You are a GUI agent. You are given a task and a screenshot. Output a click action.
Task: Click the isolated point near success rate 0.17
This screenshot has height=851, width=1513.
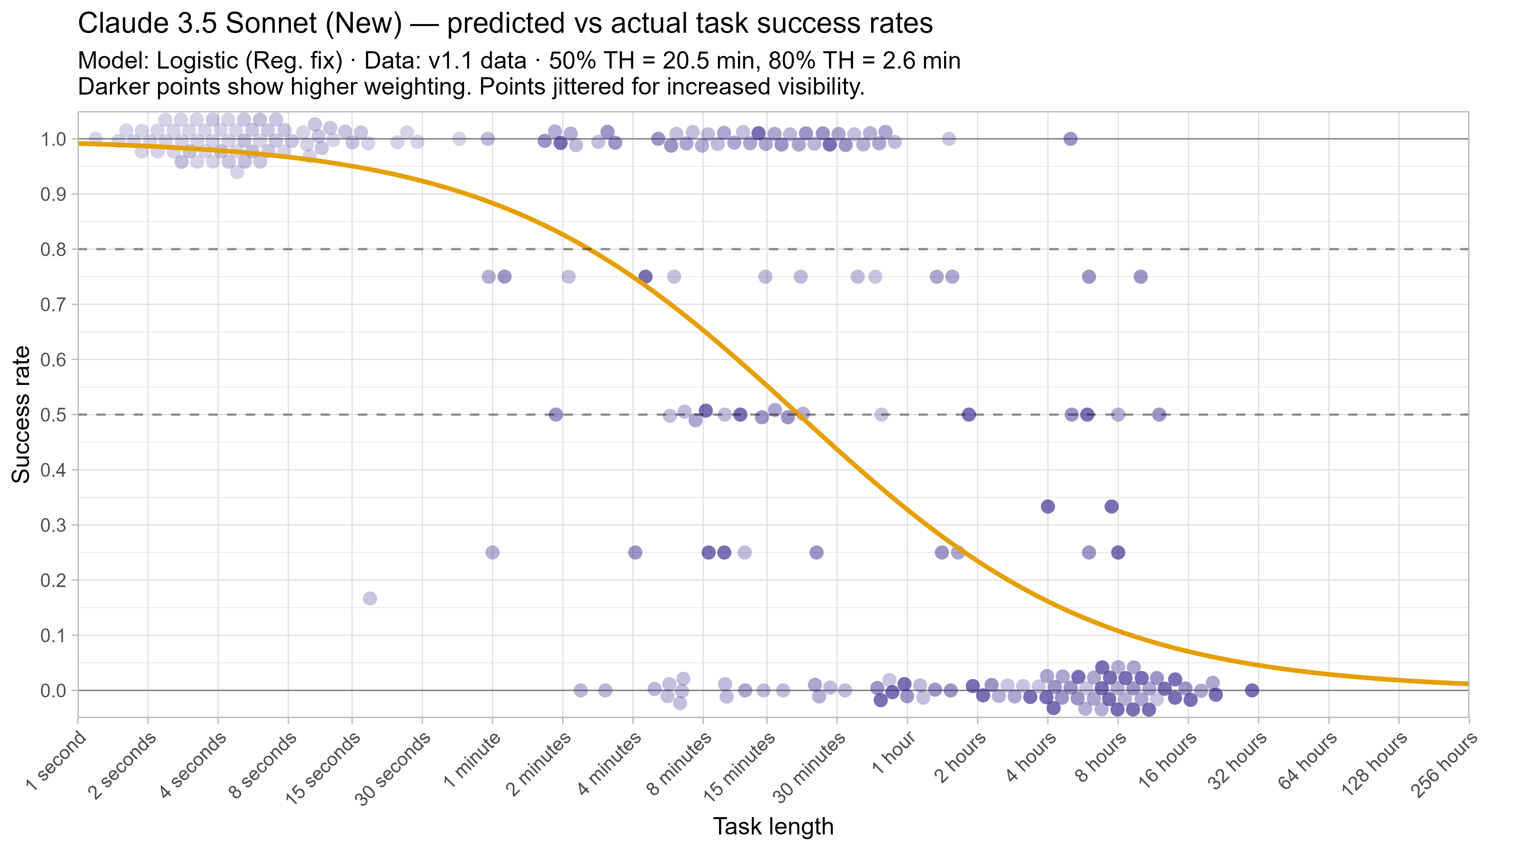(370, 598)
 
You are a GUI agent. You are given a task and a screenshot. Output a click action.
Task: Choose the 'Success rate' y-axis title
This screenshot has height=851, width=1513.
(21, 414)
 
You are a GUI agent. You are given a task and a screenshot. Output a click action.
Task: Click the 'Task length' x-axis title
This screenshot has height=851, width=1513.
(773, 826)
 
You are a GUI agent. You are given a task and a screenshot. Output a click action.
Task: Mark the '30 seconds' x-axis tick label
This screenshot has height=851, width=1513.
(392, 769)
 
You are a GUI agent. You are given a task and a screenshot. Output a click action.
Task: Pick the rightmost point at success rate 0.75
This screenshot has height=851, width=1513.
(1141, 277)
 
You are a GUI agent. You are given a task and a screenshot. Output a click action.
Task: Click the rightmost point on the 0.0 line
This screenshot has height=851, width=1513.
(1252, 690)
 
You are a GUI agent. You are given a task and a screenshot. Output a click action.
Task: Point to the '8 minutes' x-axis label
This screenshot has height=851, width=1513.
(680, 764)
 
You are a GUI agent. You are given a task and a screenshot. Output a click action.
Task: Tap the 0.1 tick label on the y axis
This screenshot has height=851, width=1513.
(53, 635)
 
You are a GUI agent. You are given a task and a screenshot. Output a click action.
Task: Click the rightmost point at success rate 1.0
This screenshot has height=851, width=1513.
(1071, 139)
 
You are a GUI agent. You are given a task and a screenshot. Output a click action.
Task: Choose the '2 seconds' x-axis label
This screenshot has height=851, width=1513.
(122, 766)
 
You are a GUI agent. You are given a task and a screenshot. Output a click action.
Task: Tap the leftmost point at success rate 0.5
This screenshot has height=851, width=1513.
(556, 414)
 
